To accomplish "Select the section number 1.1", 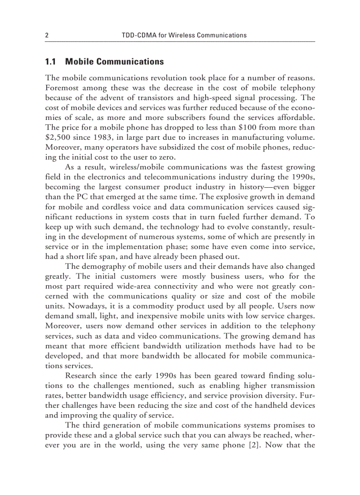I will [x=51, y=62].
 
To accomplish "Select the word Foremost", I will [x=62, y=88].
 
